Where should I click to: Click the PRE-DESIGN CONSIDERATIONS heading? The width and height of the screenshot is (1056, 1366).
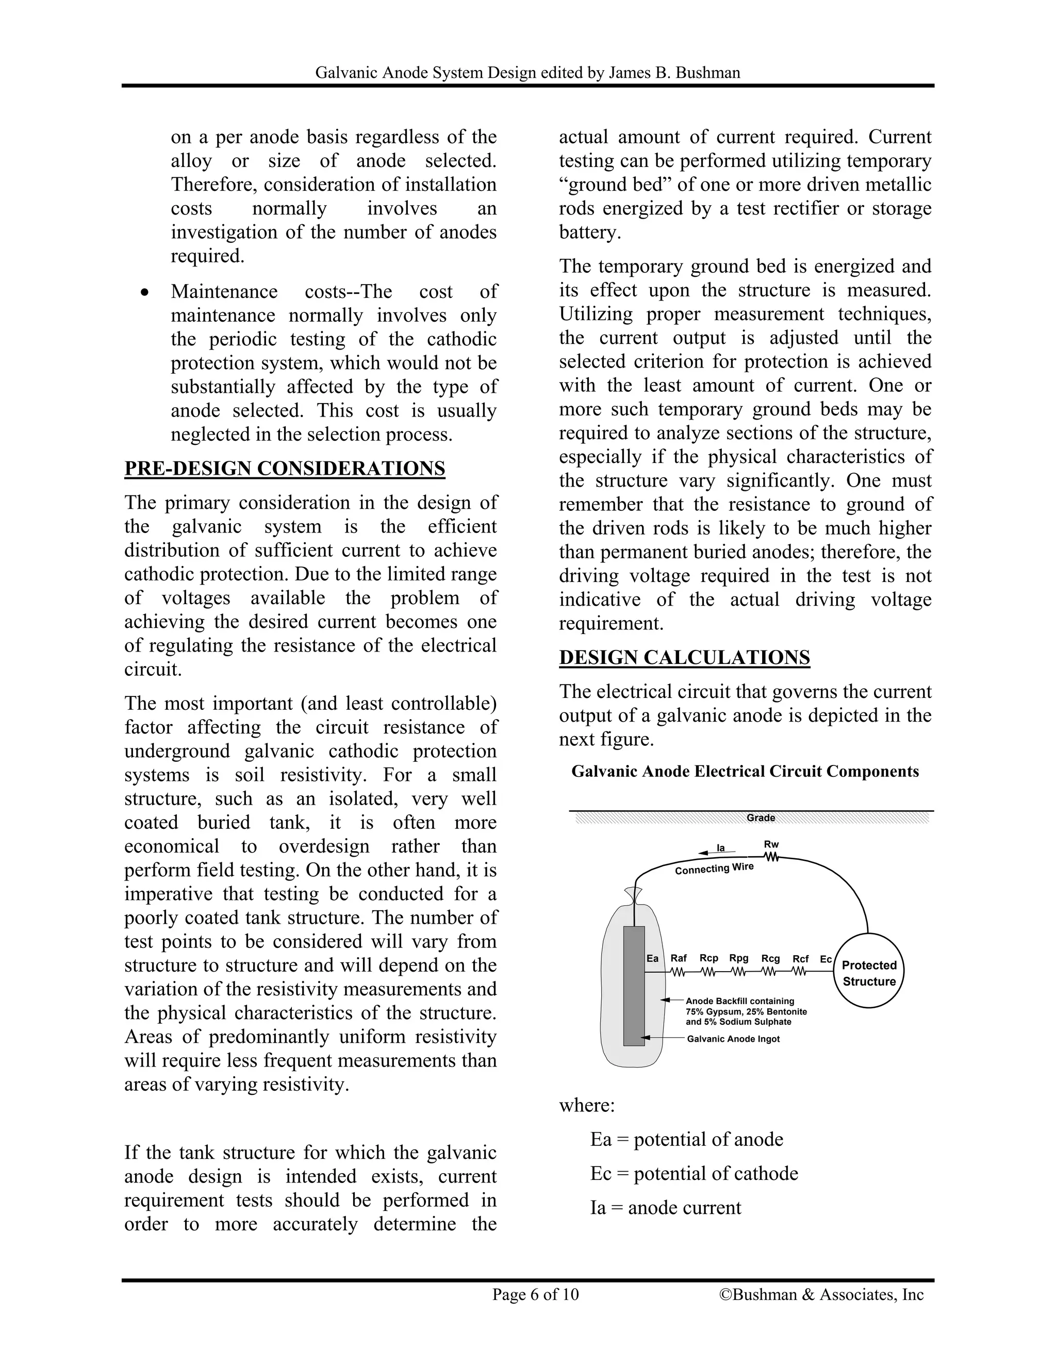(285, 469)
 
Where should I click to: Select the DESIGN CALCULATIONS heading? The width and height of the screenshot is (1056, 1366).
(684, 657)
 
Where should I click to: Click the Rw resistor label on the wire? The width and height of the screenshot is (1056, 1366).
(771, 844)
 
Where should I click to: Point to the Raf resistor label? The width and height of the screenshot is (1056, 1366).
(678, 958)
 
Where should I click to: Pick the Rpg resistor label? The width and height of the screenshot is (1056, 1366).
(739, 958)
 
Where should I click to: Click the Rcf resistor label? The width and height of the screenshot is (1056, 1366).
(800, 959)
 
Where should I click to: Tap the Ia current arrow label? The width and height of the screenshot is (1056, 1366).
(721, 848)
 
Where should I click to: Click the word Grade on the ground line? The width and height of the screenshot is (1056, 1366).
(761, 818)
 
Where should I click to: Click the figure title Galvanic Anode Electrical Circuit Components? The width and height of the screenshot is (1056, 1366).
(745, 771)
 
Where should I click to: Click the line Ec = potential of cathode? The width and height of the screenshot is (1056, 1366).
(694, 1174)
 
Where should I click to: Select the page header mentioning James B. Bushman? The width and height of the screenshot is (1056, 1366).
(527, 73)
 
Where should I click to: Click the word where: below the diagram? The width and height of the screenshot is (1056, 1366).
(587, 1105)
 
